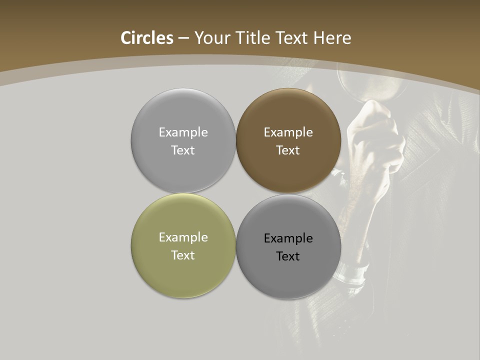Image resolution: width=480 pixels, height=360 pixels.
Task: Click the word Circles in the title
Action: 146,38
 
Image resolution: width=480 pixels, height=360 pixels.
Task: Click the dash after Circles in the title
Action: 183,38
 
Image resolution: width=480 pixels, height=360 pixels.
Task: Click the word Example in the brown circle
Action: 288,132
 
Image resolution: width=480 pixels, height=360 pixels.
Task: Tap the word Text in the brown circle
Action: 288,150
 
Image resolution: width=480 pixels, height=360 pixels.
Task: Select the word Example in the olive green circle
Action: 183,237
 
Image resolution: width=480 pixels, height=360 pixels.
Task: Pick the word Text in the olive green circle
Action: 183,255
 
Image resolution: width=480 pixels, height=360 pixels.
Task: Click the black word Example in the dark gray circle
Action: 288,238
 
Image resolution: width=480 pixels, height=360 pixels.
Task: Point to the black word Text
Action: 288,256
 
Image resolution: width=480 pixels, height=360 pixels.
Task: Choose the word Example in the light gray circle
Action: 183,132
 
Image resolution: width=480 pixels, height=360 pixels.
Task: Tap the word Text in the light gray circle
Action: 183,150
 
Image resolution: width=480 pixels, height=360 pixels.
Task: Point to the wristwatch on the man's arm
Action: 352,272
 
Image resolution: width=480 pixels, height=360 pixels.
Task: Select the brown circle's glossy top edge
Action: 288,91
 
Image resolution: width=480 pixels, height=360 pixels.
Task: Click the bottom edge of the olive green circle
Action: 183,297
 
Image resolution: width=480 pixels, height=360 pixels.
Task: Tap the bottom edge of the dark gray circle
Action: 288,298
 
